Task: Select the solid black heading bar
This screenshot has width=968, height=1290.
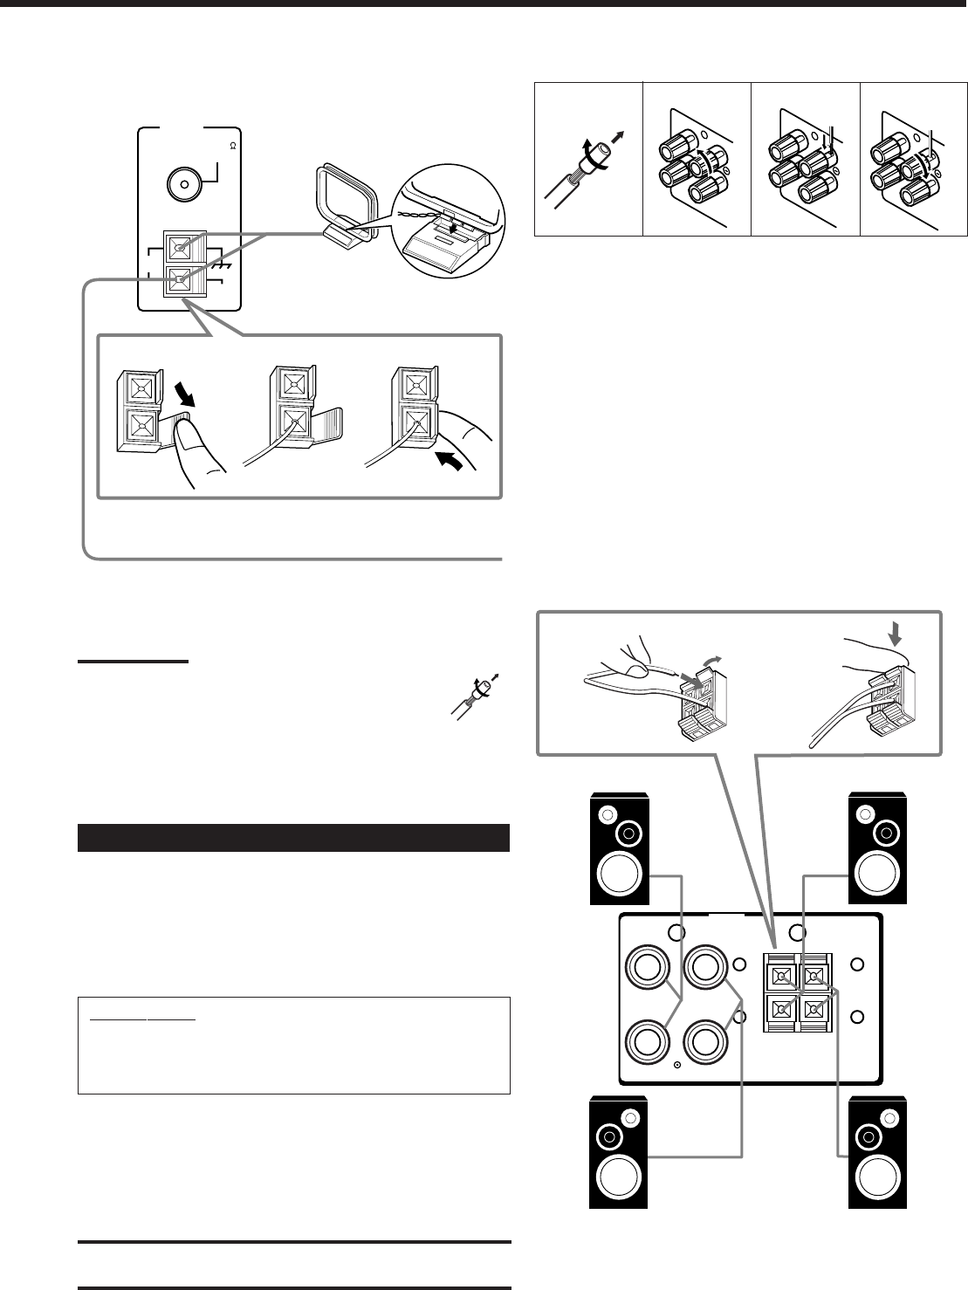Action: point(293,837)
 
